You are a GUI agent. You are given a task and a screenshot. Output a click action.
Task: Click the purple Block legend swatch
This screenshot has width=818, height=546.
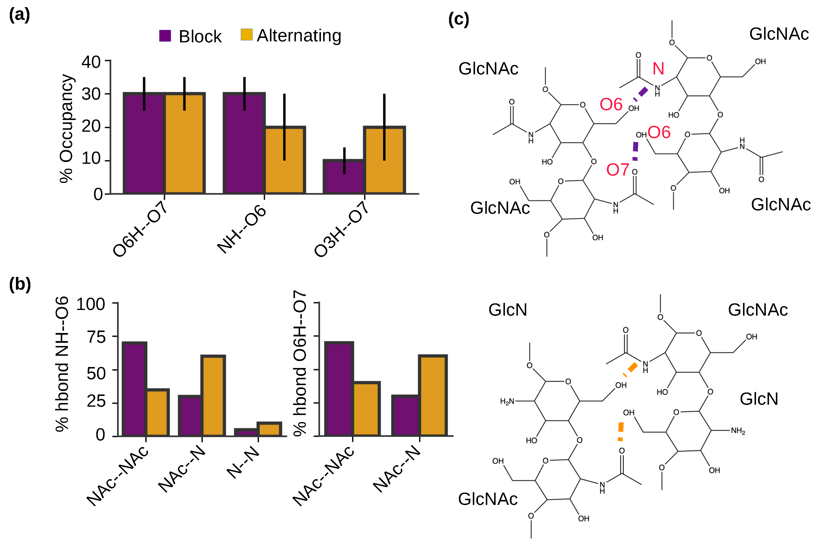click(165, 36)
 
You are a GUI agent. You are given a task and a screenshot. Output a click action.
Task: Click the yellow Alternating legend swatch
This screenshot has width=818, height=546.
click(246, 35)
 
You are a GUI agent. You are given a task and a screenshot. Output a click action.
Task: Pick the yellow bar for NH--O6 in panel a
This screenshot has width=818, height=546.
click(284, 160)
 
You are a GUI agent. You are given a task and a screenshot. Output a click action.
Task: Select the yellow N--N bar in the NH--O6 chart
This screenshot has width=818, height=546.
click(269, 429)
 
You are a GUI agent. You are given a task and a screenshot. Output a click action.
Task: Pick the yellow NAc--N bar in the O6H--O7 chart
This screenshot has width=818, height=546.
click(432, 396)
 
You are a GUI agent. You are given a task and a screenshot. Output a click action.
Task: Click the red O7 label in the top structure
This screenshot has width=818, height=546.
click(617, 170)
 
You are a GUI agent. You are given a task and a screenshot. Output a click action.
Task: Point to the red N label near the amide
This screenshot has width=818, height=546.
click(658, 69)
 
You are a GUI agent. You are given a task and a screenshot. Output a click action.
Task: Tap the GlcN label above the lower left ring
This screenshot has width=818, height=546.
click(508, 309)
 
